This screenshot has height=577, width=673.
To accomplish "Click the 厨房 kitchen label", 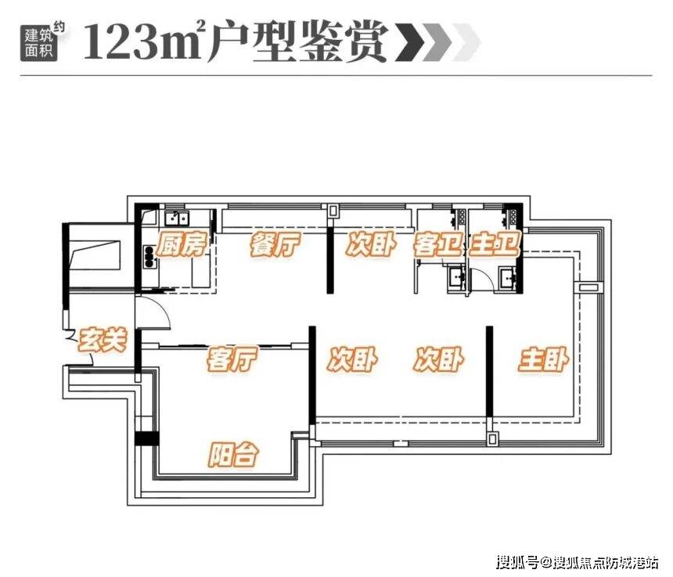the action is click(x=181, y=245).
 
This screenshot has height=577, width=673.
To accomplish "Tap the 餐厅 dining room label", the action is click(x=275, y=245).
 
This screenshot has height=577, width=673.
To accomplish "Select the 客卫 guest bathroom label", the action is click(x=437, y=245).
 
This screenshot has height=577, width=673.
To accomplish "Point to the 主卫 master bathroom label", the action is click(x=495, y=245).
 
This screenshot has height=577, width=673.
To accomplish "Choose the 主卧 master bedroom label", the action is click(x=543, y=360).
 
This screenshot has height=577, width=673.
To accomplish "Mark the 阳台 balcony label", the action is click(x=234, y=454).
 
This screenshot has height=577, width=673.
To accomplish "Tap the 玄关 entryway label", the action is click(x=103, y=340).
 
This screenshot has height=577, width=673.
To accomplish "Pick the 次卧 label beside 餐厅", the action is click(x=371, y=245).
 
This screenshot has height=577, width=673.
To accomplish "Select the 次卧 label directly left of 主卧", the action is click(x=439, y=360).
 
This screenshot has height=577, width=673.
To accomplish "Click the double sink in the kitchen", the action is click(x=177, y=218).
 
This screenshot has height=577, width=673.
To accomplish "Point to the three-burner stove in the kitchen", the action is click(x=149, y=256).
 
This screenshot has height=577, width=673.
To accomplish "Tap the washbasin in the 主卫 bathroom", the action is click(x=508, y=277).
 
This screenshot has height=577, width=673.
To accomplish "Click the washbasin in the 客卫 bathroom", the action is click(x=455, y=277).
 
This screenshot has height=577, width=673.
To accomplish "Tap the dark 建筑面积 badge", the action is click(x=38, y=43).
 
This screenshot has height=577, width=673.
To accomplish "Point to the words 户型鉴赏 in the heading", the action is click(x=299, y=42).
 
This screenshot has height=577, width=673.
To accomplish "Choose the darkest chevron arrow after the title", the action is click(x=410, y=42).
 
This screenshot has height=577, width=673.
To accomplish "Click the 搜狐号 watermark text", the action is click(x=516, y=562).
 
